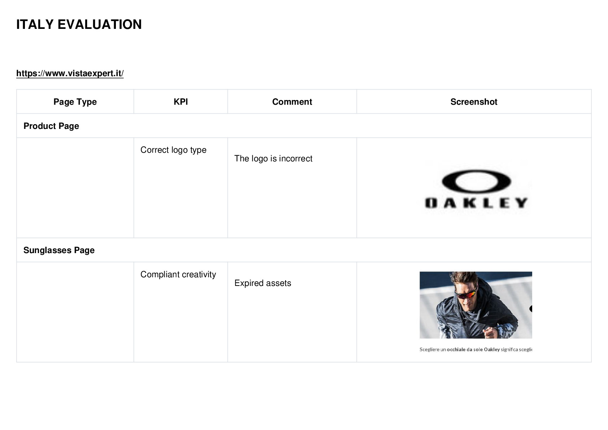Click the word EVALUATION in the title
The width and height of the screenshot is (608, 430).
[100, 25]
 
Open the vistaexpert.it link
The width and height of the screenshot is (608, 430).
[70, 73]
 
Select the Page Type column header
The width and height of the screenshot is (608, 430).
[75, 102]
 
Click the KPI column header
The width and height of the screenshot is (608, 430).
[181, 102]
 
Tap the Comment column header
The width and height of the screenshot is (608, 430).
[292, 102]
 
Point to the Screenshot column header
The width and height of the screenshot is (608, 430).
[474, 102]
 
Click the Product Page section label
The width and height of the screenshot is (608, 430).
[51, 126]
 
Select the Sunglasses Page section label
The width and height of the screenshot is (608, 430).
[59, 250]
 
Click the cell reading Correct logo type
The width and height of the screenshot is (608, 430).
[173, 150]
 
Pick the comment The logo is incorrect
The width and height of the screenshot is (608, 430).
[273, 158]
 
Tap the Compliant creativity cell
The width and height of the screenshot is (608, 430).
[178, 274]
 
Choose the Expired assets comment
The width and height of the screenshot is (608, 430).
[263, 283]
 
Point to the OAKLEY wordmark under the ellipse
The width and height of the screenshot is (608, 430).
[476, 203]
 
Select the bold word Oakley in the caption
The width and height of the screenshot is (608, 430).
[492, 349]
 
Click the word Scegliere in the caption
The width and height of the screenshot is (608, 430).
[429, 349]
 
